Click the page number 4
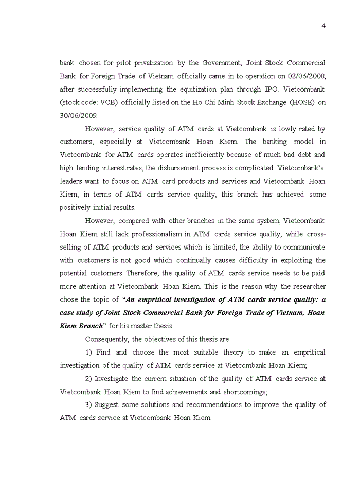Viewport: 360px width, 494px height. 323,26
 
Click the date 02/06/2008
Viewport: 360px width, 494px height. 307,76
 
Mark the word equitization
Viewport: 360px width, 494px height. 191,89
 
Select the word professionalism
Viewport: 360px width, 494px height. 146,234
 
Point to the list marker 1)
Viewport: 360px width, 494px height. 89,352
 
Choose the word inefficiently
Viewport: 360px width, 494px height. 192,155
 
